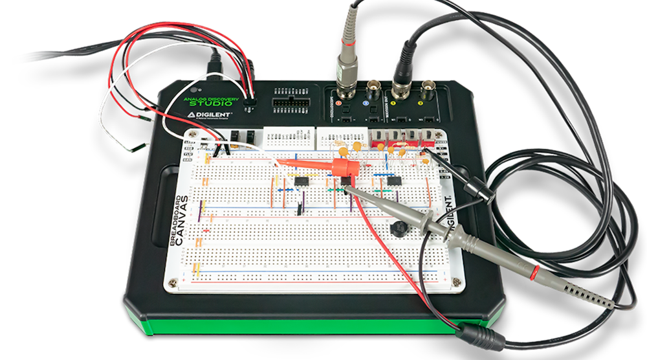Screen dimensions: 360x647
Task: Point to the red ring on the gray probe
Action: [x=534, y=270]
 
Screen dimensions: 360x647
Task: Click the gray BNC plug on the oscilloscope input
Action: [x=347, y=65]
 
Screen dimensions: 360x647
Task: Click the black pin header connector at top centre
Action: [x=287, y=104]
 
